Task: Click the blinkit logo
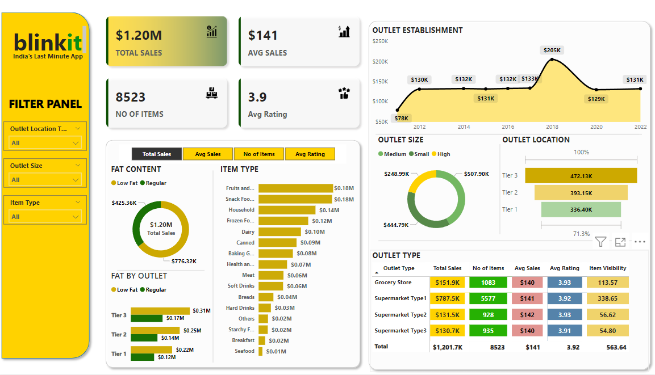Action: (x=48, y=43)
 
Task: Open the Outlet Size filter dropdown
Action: (x=45, y=180)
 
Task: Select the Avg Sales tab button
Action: (x=208, y=154)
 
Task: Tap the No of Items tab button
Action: (x=259, y=154)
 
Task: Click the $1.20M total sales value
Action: (x=139, y=35)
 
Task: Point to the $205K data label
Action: (x=552, y=50)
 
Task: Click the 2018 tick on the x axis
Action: (x=552, y=127)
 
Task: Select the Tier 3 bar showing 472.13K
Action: (x=581, y=176)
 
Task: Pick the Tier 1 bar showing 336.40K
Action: (x=581, y=210)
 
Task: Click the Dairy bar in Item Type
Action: (x=279, y=231)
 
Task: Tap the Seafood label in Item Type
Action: (x=245, y=351)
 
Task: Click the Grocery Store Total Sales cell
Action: (x=447, y=283)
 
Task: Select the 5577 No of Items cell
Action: (x=488, y=298)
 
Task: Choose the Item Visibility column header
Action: (x=607, y=268)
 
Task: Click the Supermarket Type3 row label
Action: (x=400, y=330)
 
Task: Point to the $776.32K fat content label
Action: (x=183, y=262)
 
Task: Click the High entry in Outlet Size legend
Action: (x=444, y=154)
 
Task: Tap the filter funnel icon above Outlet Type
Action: (x=600, y=242)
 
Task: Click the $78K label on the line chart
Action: (x=401, y=118)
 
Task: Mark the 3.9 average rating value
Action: (x=257, y=97)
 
